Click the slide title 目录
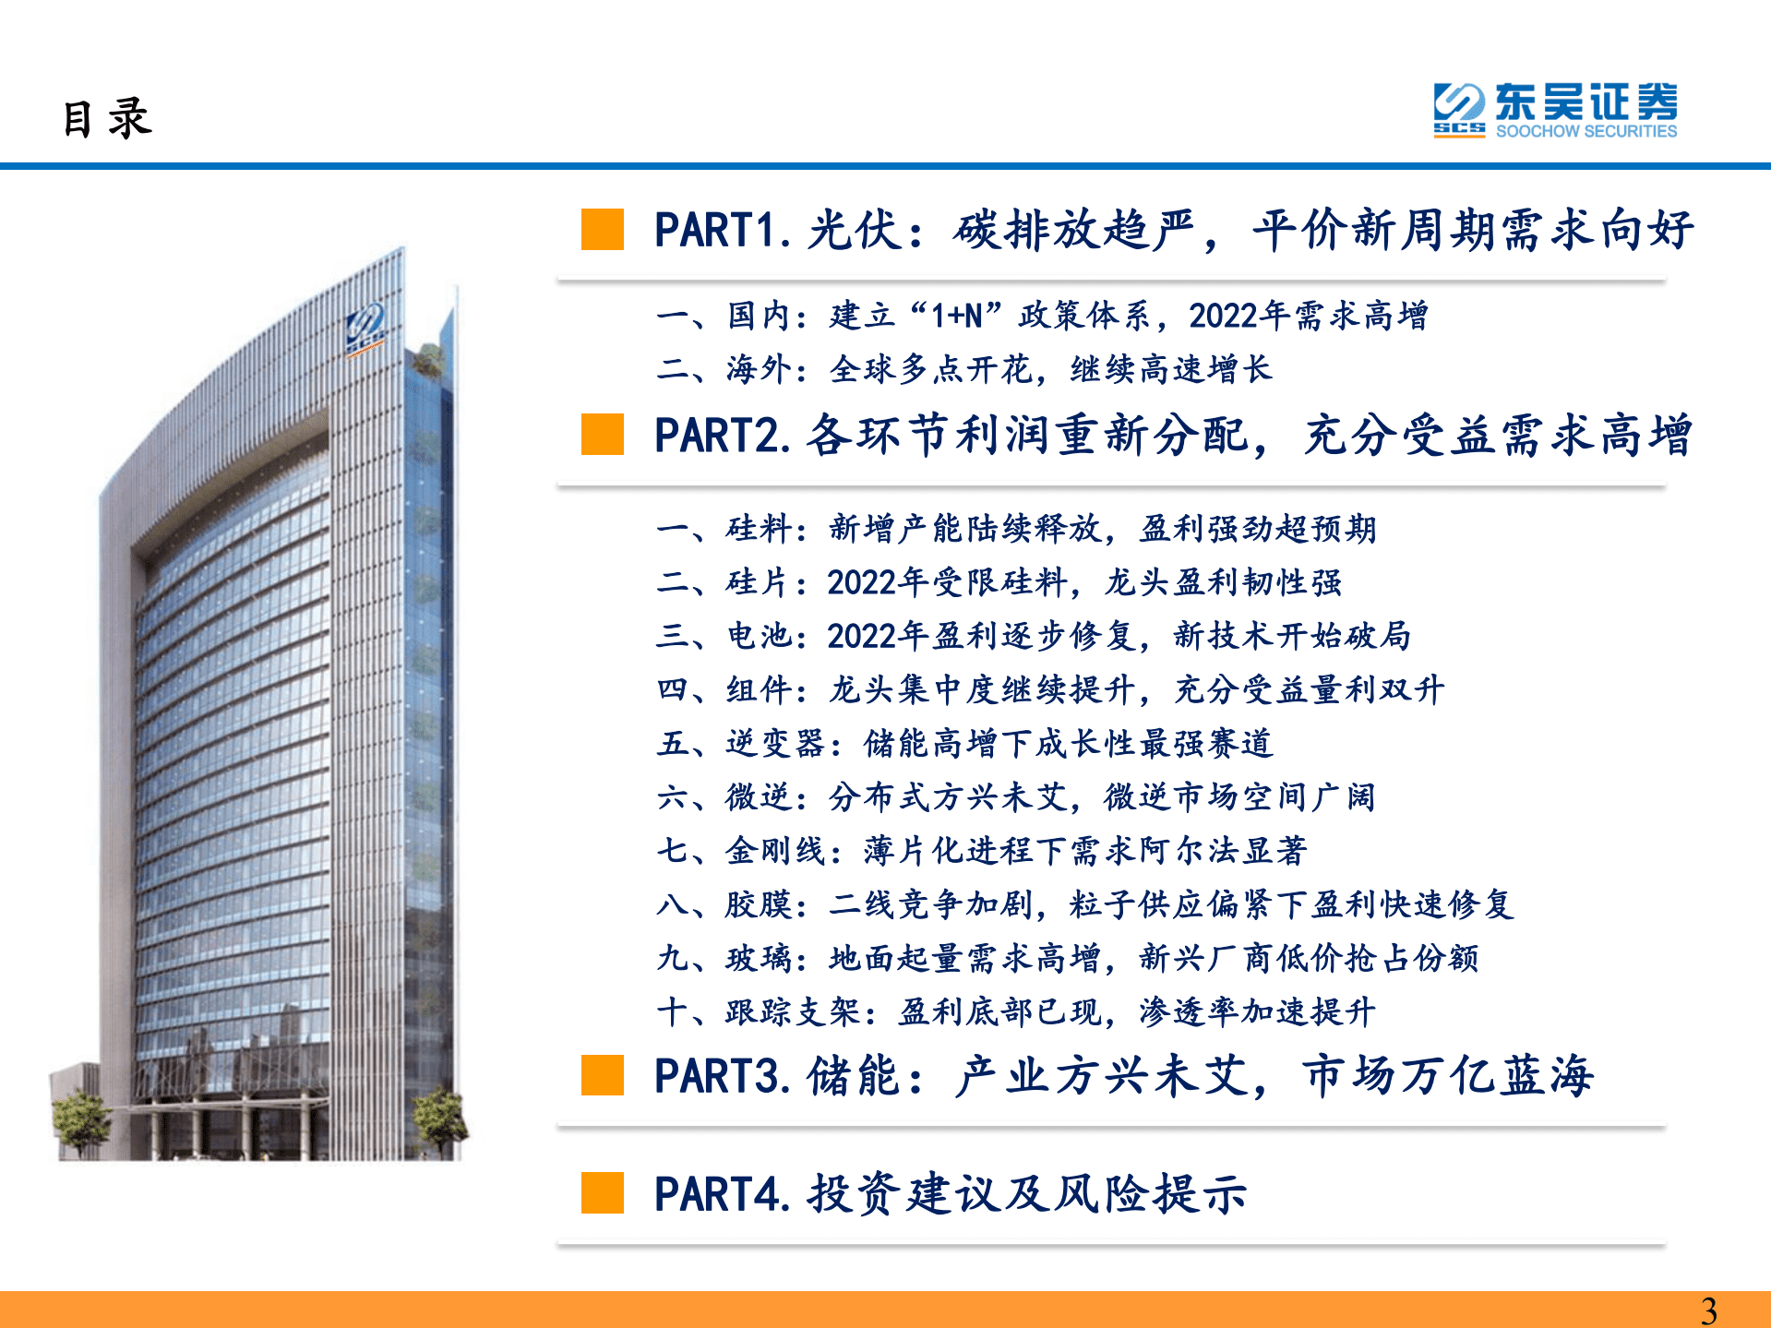click(x=107, y=119)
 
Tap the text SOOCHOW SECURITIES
click(x=1586, y=131)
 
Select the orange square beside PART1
click(x=603, y=229)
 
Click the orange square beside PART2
click(x=603, y=434)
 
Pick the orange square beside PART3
click(x=603, y=1075)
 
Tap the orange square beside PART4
click(x=603, y=1192)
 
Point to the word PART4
click(x=719, y=1194)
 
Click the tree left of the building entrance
click(x=81, y=1119)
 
